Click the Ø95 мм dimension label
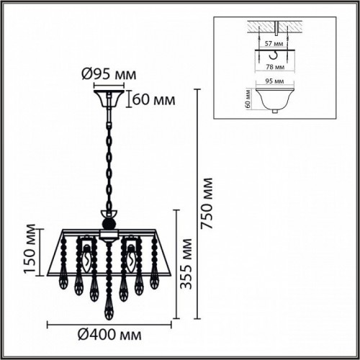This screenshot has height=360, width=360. coord(109,74)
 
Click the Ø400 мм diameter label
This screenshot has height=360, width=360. coord(108,335)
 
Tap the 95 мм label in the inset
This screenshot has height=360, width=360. coord(272,83)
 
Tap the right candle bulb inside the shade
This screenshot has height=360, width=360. coord(130,257)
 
